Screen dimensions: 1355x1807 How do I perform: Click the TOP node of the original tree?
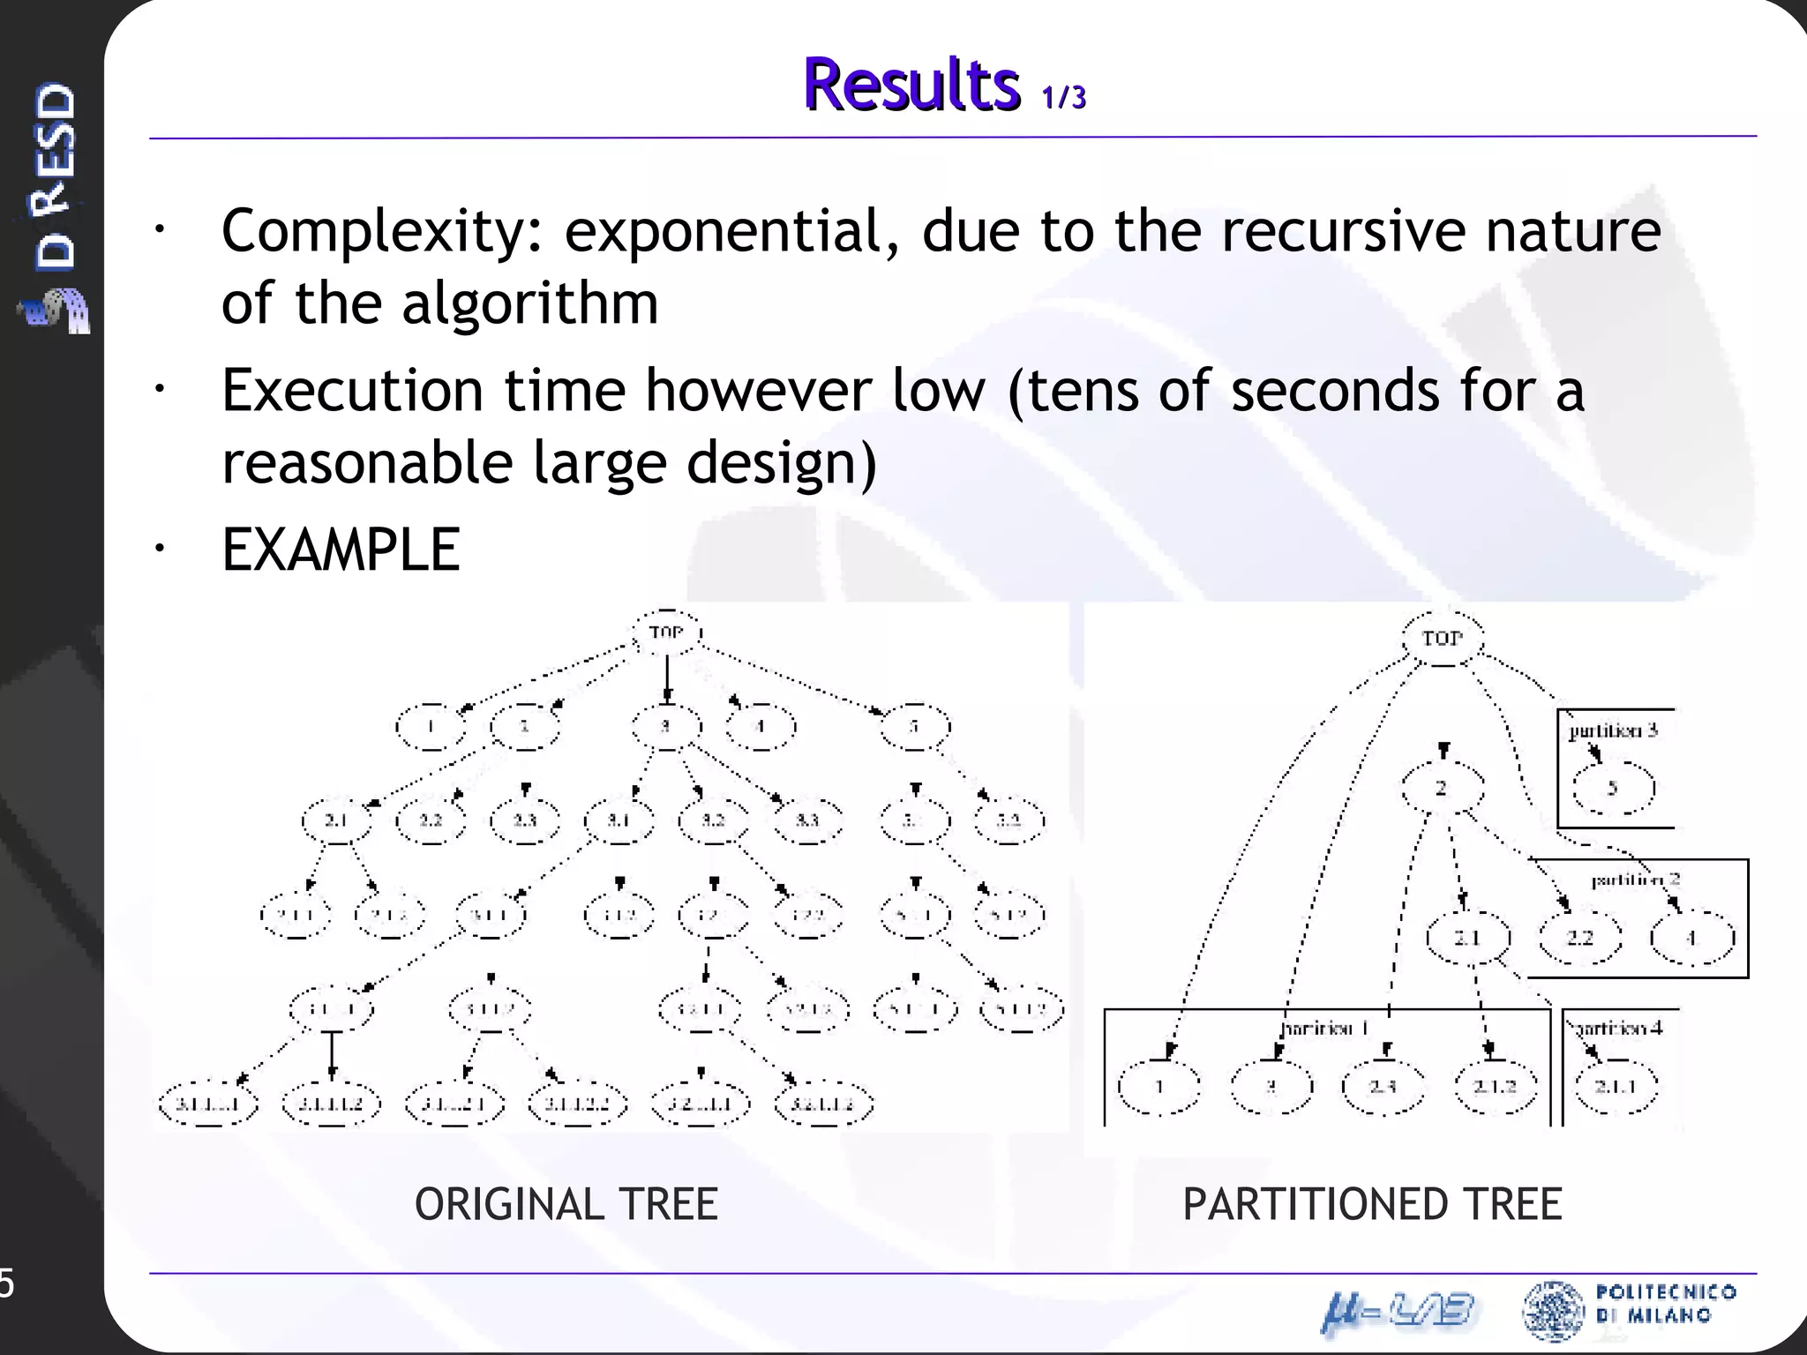click(x=667, y=633)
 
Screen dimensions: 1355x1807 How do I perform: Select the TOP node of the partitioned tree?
click(x=1443, y=638)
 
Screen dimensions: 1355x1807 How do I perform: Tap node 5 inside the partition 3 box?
click(x=1613, y=789)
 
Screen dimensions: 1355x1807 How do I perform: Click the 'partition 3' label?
click(x=1613, y=730)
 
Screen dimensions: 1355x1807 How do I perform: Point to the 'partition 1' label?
click(x=1324, y=1029)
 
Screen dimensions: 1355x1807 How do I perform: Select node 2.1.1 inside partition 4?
click(x=1616, y=1087)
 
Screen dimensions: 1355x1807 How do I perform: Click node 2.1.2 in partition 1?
click(x=1496, y=1087)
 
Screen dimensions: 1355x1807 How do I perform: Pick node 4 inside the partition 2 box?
click(x=1691, y=938)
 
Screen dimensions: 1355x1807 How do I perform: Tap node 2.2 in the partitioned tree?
click(x=1579, y=938)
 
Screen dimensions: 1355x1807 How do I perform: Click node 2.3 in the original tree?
click(x=525, y=820)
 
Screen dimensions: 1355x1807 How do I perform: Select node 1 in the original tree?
click(x=431, y=727)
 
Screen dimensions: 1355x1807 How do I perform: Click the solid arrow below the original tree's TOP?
click(x=667, y=679)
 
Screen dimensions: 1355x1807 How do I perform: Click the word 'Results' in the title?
click(x=911, y=85)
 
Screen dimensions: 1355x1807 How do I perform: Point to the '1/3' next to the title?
click(x=1063, y=97)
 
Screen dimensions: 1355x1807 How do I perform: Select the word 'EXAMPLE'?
click(x=341, y=550)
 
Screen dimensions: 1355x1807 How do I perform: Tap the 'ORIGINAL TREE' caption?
click(x=566, y=1205)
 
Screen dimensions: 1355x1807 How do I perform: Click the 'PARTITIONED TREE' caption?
click(x=1372, y=1205)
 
